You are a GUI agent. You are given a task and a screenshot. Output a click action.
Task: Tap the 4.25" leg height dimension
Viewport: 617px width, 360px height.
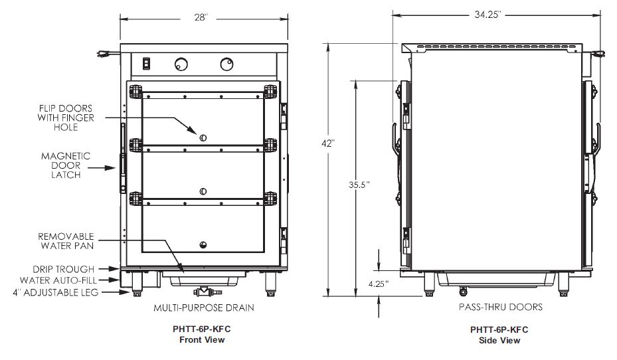tap(378, 284)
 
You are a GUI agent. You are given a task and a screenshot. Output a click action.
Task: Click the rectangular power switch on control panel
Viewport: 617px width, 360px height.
tap(147, 64)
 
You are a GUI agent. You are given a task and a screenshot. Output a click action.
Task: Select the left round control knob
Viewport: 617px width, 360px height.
tap(181, 64)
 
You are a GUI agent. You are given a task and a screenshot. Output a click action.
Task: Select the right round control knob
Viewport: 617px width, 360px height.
tap(225, 64)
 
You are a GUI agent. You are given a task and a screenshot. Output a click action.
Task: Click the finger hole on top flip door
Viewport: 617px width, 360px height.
tap(204, 137)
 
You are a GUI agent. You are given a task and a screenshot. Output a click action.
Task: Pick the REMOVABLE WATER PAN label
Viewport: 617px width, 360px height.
tap(65, 240)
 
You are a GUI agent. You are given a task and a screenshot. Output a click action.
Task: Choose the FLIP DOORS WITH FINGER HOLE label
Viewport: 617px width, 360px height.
tap(65, 118)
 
